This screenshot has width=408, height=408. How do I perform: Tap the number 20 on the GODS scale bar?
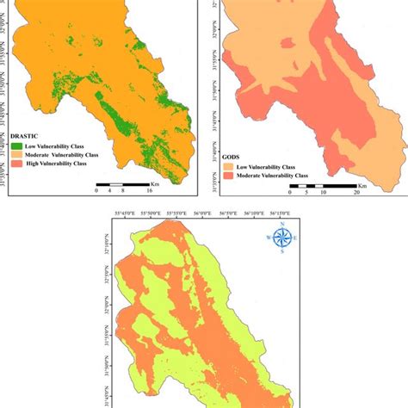pos(355,193)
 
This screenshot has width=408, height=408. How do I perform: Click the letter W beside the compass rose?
pos(269,238)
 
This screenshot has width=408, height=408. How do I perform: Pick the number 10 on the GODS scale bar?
pos(324,193)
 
